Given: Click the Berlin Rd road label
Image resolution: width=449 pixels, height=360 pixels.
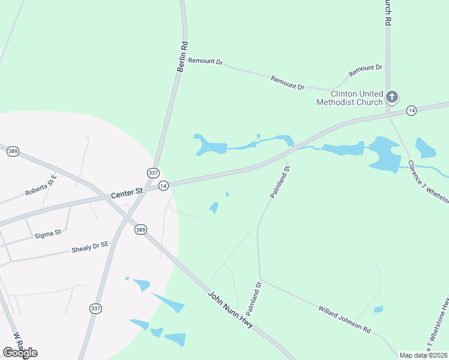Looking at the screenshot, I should [182, 56].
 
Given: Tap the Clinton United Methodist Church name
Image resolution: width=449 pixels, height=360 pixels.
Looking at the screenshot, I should [349, 98].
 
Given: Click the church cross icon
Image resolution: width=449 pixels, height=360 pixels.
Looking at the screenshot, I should [392, 97].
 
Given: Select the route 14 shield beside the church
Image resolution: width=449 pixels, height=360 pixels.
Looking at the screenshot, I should [411, 110].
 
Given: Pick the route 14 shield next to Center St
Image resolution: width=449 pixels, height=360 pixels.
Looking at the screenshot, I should [163, 187].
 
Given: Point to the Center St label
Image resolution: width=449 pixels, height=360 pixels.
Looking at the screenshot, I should [127, 193].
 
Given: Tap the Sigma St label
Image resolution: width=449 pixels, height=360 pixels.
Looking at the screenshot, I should [49, 232].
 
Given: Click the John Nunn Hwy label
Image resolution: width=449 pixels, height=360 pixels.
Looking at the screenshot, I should [231, 310].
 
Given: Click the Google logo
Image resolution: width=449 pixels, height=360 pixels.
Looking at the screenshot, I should [20, 352].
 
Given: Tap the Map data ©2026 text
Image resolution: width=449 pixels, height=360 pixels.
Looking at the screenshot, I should [423, 355].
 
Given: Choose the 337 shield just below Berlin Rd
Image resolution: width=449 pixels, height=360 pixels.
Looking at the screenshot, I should [153, 173].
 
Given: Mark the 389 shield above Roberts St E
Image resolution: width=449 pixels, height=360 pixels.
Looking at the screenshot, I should [13, 152].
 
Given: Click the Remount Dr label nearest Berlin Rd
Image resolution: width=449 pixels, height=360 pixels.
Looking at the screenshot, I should [205, 61].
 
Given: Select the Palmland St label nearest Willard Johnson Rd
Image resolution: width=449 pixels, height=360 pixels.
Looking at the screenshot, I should [254, 299].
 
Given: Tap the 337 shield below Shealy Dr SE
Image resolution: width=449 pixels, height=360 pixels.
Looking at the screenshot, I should [95, 308].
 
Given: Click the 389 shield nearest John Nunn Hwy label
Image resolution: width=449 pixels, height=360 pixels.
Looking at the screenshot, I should [140, 229].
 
